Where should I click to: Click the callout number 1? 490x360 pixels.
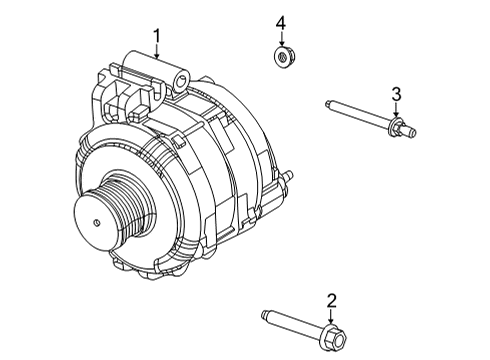[157, 38]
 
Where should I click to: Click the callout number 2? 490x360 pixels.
[331, 299]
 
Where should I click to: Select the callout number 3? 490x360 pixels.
[396, 94]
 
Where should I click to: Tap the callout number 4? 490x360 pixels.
[281, 22]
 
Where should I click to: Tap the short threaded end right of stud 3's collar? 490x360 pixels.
[406, 128]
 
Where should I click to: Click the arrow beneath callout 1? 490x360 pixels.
[157, 53]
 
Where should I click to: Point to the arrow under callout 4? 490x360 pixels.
[281, 38]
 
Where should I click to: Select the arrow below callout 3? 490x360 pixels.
[396, 109]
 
